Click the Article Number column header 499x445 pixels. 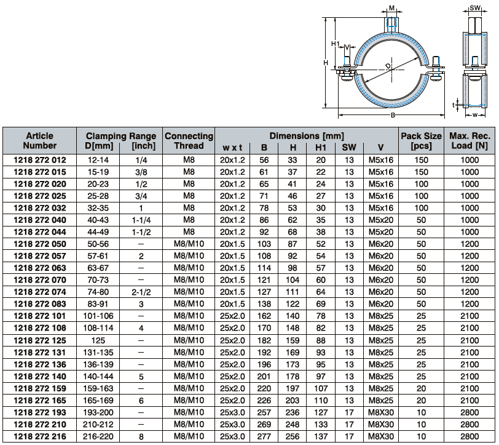pos(40,140)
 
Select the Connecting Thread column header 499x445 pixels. pos(189,140)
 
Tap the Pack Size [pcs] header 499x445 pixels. pos(421,140)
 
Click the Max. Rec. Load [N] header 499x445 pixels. pos(470,140)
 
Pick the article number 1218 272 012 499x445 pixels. pos(40,160)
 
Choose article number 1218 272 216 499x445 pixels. pos(40,436)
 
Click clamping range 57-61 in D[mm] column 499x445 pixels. pos(98,256)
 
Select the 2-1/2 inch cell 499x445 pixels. pos(141,292)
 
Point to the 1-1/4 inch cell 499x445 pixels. pos(141,220)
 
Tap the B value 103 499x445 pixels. pos(264,244)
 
